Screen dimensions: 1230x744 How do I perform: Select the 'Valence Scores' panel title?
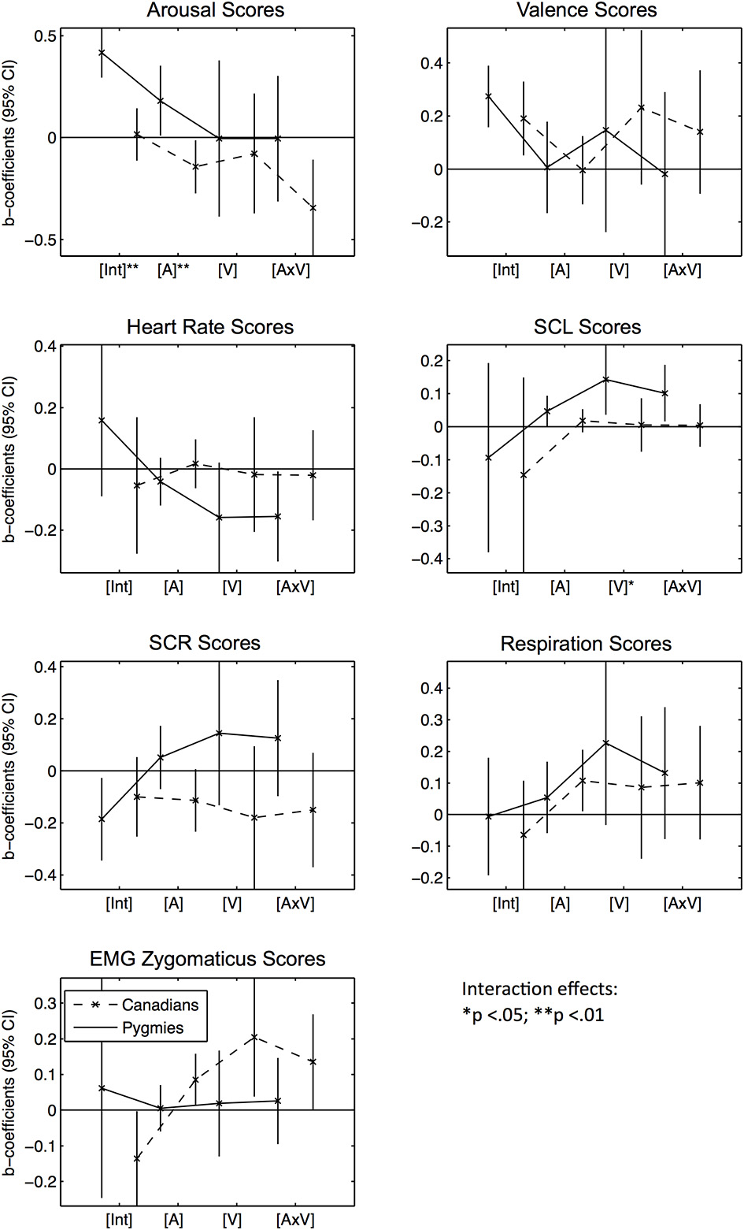coord(587,10)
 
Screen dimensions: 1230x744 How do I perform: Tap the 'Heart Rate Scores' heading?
coord(210,327)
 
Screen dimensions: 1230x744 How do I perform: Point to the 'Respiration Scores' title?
coord(586,644)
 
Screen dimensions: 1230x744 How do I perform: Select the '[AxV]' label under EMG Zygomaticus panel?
coord(295,1220)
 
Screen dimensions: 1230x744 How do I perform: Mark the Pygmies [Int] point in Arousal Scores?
coord(102,53)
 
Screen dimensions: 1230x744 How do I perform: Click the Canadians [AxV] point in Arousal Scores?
coord(313,208)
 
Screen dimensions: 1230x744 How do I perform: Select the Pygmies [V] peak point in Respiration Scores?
coord(606,743)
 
